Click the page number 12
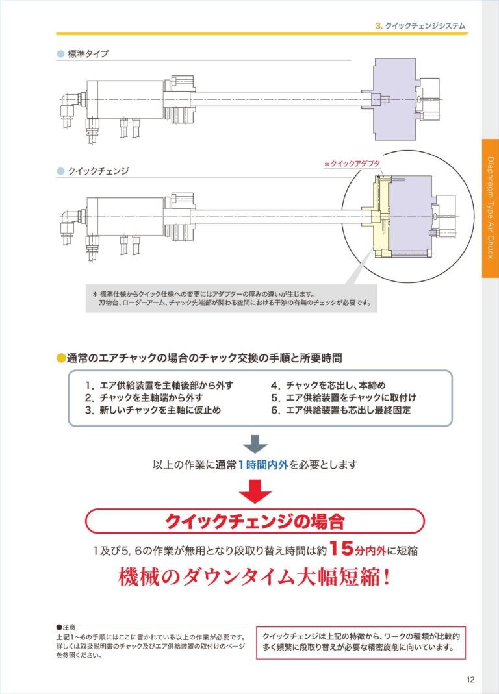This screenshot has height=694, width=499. tap(470, 680)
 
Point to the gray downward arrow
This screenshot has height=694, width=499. tap(255, 444)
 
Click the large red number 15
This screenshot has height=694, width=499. tap(341, 549)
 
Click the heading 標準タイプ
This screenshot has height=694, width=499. tap(88, 54)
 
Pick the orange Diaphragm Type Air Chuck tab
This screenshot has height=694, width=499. tap(490, 208)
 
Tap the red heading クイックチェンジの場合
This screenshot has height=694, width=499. tap(255, 521)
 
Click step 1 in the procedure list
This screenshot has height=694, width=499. tap(159, 385)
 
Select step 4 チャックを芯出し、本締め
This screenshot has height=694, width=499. tap(328, 385)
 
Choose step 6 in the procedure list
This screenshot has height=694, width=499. tap(341, 410)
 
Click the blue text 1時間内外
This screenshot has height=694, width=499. tap(263, 465)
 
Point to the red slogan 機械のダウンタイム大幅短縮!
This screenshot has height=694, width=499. tap(255, 577)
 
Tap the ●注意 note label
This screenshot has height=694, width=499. tap(66, 627)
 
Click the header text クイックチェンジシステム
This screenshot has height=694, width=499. tap(425, 26)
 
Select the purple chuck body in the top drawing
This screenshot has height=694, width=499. tap(394, 99)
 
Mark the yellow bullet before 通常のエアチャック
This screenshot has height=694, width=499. tap(61, 358)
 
